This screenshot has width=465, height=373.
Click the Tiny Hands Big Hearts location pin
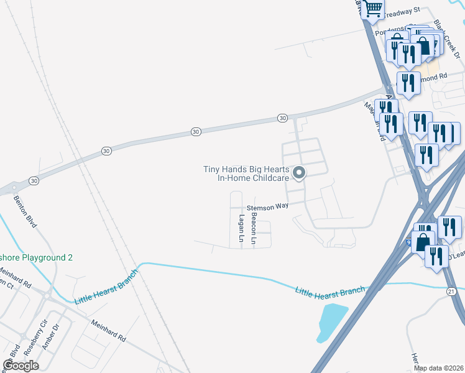point(299,173)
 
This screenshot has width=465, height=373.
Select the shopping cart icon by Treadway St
point(373,9)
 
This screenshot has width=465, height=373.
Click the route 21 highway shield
point(451,291)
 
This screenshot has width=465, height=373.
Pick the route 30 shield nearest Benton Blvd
point(106,151)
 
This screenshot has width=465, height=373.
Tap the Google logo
point(21,366)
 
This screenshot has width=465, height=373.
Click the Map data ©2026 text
point(439,368)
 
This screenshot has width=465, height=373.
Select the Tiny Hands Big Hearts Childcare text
point(246,173)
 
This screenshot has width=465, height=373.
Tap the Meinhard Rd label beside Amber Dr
point(109,331)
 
